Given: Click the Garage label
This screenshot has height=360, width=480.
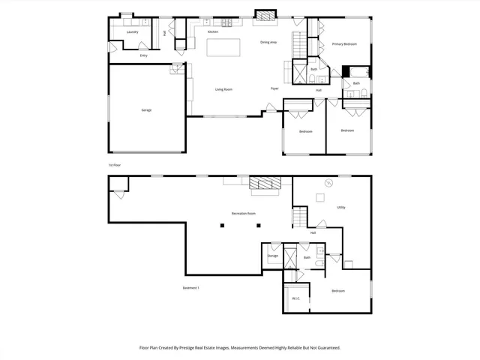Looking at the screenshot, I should tap(146, 110).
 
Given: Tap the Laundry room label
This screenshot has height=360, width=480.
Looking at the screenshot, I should tap(132, 32).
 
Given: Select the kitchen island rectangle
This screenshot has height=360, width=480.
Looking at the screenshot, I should tap(223, 49).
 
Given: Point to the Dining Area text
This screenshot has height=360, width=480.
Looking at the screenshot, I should tap(268, 43).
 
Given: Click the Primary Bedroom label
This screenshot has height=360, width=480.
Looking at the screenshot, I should tap(344, 45).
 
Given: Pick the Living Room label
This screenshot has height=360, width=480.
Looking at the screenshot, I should tap(223, 89).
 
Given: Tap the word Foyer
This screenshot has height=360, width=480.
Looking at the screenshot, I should tap(274, 88).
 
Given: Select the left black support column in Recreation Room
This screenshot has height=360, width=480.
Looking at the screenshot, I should tap(222, 225).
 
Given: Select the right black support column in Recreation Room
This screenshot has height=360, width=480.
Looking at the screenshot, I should tap(258, 225).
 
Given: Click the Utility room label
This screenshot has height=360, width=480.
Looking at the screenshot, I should tap(340, 207).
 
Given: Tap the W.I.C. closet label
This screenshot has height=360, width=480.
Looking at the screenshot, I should tap(295, 298).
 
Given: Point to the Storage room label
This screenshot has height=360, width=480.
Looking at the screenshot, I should tap(272, 256).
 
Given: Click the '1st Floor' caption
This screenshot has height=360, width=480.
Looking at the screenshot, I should tap(114, 165).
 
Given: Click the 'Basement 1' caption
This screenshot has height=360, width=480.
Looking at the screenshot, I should tap(190, 288).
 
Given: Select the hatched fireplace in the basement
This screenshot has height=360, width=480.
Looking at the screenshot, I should tap(264, 182).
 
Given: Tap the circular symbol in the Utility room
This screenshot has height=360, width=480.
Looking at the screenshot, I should tap(328, 183).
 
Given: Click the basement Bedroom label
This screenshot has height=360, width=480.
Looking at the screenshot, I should tap(338, 291).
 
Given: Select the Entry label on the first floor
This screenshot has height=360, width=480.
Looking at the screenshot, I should tap(143, 55).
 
